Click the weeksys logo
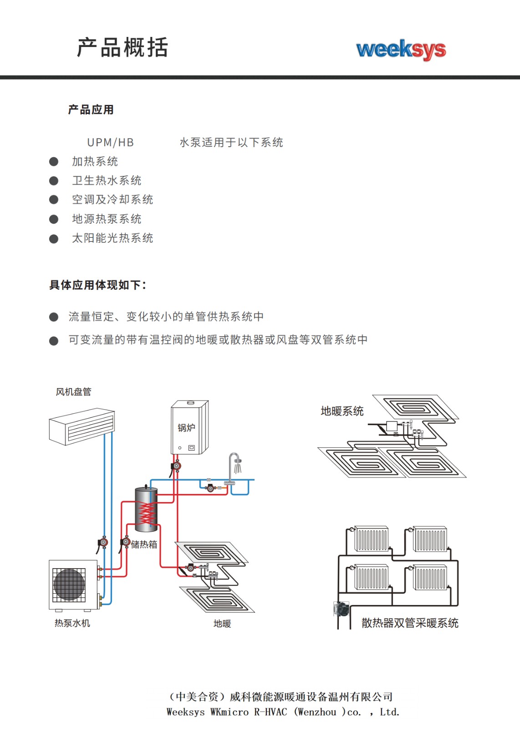coord(401,49)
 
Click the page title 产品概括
coord(122,47)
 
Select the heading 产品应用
coord(91,110)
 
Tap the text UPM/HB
coord(111,143)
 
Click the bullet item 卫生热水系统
coord(107,180)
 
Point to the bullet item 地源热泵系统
coord(107,219)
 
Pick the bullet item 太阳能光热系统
coord(112,238)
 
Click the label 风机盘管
coord(73,392)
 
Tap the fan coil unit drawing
coord(82,426)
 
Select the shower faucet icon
coord(235,465)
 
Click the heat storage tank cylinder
coord(146,509)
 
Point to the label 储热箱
coord(144,544)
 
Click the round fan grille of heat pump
coord(69,585)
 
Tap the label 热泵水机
coord(72,623)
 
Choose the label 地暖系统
coord(342,411)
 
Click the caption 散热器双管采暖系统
coord(410,623)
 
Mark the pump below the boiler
coord(176,466)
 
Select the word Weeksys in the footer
coord(185,712)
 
